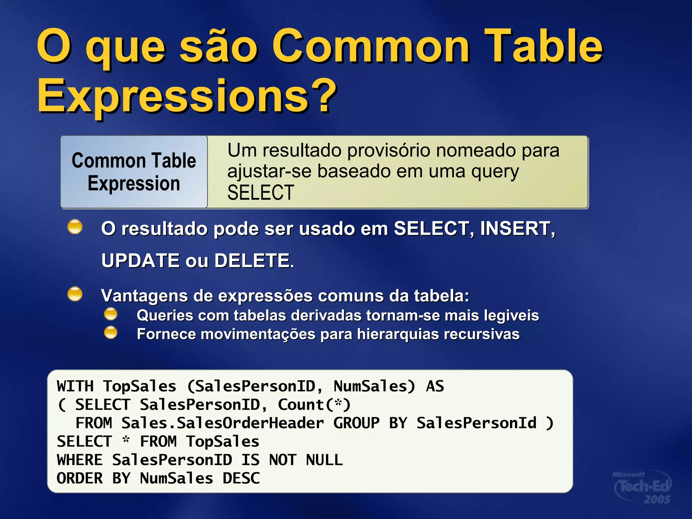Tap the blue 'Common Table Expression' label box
(134, 172)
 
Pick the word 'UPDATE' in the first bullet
(141, 261)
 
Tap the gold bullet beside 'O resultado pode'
(75, 227)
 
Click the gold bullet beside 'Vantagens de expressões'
(75, 294)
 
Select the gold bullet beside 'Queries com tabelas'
(110, 314)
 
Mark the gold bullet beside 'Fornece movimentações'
(110, 332)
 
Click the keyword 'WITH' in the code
(75, 386)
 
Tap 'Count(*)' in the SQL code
(314, 405)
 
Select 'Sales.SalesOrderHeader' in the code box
(222, 423)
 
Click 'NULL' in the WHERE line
(324, 460)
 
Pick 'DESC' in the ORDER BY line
(241, 478)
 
